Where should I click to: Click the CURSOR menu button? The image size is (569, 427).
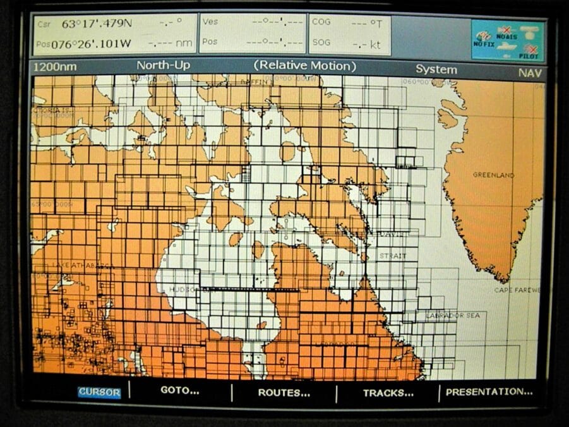pyautogui.click(x=99, y=392)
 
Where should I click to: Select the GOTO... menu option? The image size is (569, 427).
pyautogui.click(x=179, y=390)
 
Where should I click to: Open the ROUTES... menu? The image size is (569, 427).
pyautogui.click(x=284, y=392)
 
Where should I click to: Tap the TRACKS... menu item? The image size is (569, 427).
pyautogui.click(x=388, y=392)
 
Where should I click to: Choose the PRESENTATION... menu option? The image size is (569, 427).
pyautogui.click(x=489, y=392)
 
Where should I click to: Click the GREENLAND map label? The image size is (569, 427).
pyautogui.click(x=493, y=175)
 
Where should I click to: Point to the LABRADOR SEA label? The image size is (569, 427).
pyautogui.click(x=453, y=315)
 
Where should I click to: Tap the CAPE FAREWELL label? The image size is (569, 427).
pyautogui.click(x=517, y=290)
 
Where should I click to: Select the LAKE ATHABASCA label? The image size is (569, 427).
pyautogui.click(x=75, y=265)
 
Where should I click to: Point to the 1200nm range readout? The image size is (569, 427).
pyautogui.click(x=52, y=66)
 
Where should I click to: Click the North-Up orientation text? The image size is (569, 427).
pyautogui.click(x=163, y=66)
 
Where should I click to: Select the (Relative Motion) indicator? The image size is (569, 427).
pyautogui.click(x=305, y=66)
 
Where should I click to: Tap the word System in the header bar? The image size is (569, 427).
pyautogui.click(x=436, y=69)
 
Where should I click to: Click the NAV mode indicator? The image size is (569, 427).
pyautogui.click(x=530, y=72)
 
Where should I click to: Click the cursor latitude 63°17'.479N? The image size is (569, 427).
pyautogui.click(x=97, y=24)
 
